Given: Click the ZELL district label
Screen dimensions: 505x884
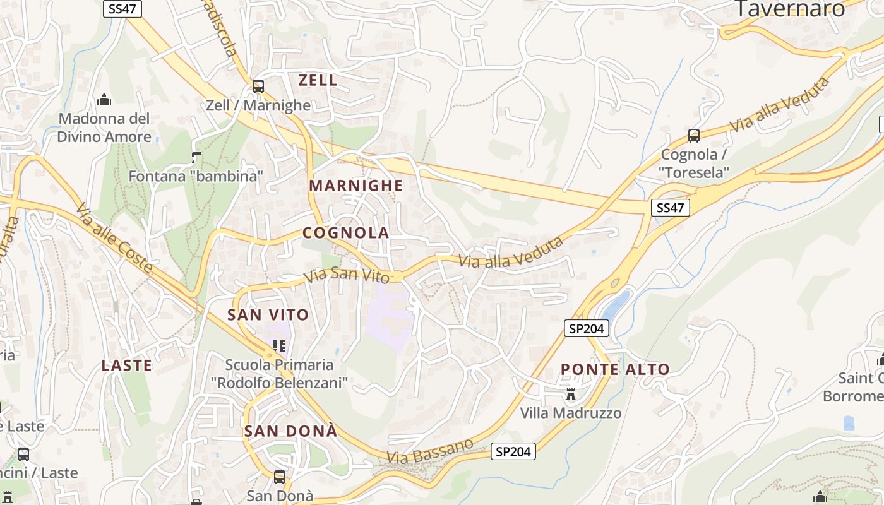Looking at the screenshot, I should pyautogui.click(x=318, y=80).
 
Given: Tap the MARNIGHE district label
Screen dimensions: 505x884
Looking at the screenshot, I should pyautogui.click(x=355, y=186).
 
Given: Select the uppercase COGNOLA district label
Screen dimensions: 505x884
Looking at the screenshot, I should pyautogui.click(x=346, y=233).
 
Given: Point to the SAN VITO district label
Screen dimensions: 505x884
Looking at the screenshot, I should pyautogui.click(x=268, y=314).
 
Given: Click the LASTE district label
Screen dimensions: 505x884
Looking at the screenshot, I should pyautogui.click(x=127, y=365).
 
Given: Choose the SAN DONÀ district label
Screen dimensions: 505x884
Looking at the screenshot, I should pyautogui.click(x=291, y=432).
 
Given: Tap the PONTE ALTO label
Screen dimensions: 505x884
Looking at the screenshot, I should pyautogui.click(x=615, y=370).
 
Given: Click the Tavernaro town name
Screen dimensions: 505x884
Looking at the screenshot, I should pyautogui.click(x=791, y=9).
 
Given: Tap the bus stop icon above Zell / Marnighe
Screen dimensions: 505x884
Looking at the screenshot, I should pyautogui.click(x=258, y=86).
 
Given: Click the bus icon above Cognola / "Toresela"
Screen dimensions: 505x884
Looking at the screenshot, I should pyautogui.click(x=694, y=135).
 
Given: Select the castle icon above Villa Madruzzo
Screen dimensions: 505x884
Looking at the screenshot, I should pyautogui.click(x=571, y=395).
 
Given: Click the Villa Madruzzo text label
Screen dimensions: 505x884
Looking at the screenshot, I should pyautogui.click(x=571, y=413).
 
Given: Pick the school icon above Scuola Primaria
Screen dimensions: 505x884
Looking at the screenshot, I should pyautogui.click(x=279, y=345).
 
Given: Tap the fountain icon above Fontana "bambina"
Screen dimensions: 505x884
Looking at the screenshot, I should pyautogui.click(x=196, y=157).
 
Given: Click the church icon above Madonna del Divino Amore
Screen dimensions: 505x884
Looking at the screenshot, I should pyautogui.click(x=104, y=100).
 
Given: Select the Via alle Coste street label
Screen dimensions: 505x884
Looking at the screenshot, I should pyautogui.click(x=114, y=238).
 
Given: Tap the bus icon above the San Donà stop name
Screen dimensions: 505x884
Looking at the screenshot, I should pyautogui.click(x=280, y=477).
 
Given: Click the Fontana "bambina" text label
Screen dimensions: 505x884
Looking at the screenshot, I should pyautogui.click(x=196, y=176).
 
